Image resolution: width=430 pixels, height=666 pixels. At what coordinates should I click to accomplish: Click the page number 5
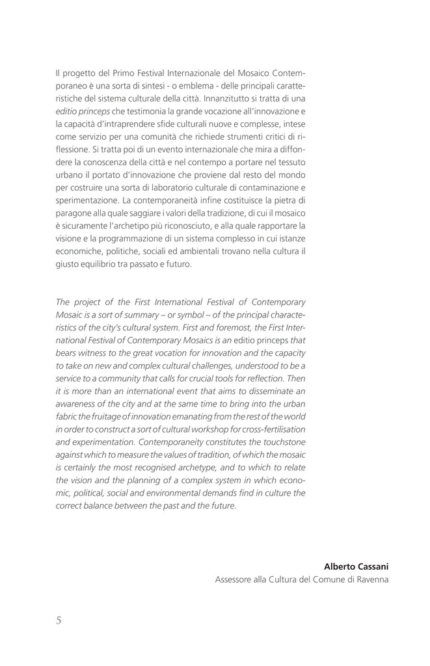click(x=59, y=620)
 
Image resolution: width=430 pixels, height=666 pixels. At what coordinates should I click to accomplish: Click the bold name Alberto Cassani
click(x=356, y=566)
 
